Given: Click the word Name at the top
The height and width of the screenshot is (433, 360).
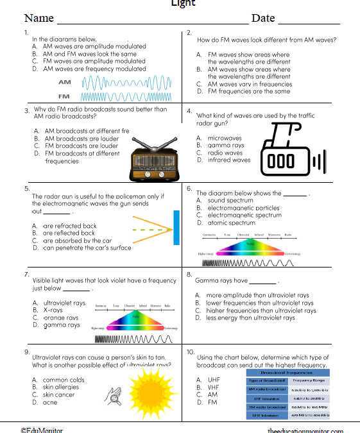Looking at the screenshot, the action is pos(39,18).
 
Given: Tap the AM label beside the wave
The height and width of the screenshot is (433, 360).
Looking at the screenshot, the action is pos(65,83).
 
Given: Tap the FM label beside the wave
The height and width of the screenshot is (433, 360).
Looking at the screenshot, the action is pos(65,97).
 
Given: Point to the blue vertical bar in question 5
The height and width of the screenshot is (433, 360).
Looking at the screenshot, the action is pos(176,227).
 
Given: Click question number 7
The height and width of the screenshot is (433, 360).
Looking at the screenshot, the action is pos(27,274).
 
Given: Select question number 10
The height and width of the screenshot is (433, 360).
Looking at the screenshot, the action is pos(190,352).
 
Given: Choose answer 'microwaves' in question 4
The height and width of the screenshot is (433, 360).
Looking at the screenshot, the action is pos(224,138).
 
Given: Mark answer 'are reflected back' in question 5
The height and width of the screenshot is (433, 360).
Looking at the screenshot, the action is pos(69,233).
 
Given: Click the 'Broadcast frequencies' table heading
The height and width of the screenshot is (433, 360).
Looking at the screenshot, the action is pos(287,372).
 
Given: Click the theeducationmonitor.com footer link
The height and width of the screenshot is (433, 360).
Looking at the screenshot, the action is pos(305,430).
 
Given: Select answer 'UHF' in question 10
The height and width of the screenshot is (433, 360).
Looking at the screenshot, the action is pos(214,380).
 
